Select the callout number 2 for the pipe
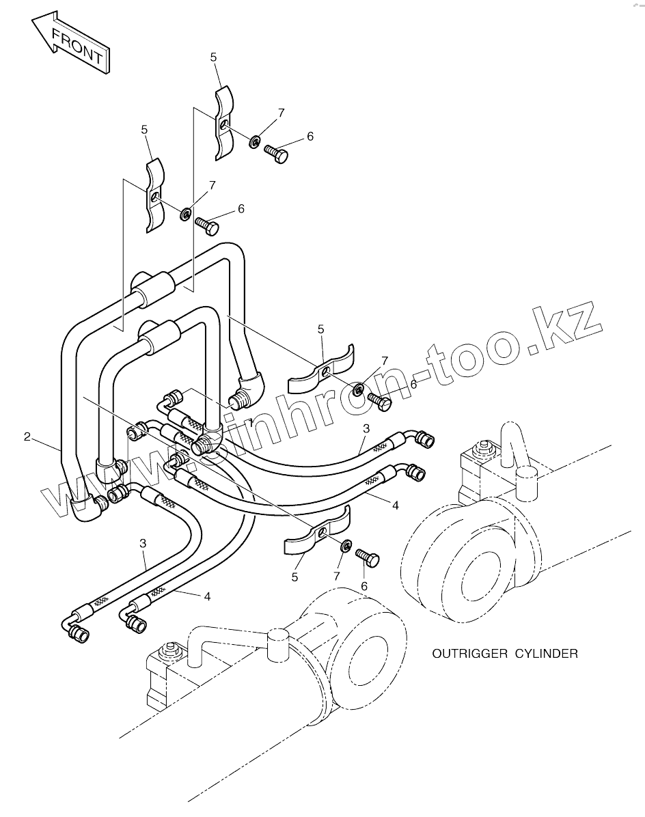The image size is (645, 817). (x=27, y=437)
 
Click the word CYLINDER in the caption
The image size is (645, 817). (x=546, y=654)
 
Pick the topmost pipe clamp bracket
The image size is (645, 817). (x=223, y=123)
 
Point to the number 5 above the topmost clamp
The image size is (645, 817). (x=214, y=57)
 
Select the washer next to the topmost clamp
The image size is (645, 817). (x=254, y=141)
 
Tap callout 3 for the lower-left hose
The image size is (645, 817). (x=143, y=543)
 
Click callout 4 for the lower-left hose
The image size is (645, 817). (x=207, y=596)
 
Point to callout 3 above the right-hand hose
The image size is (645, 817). (x=366, y=428)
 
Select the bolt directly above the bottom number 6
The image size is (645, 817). (x=368, y=559)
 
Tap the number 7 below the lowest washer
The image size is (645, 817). (x=336, y=577)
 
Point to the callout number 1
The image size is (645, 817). (x=251, y=423)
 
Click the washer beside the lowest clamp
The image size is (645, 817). (x=346, y=545)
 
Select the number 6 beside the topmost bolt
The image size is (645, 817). (x=310, y=137)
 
